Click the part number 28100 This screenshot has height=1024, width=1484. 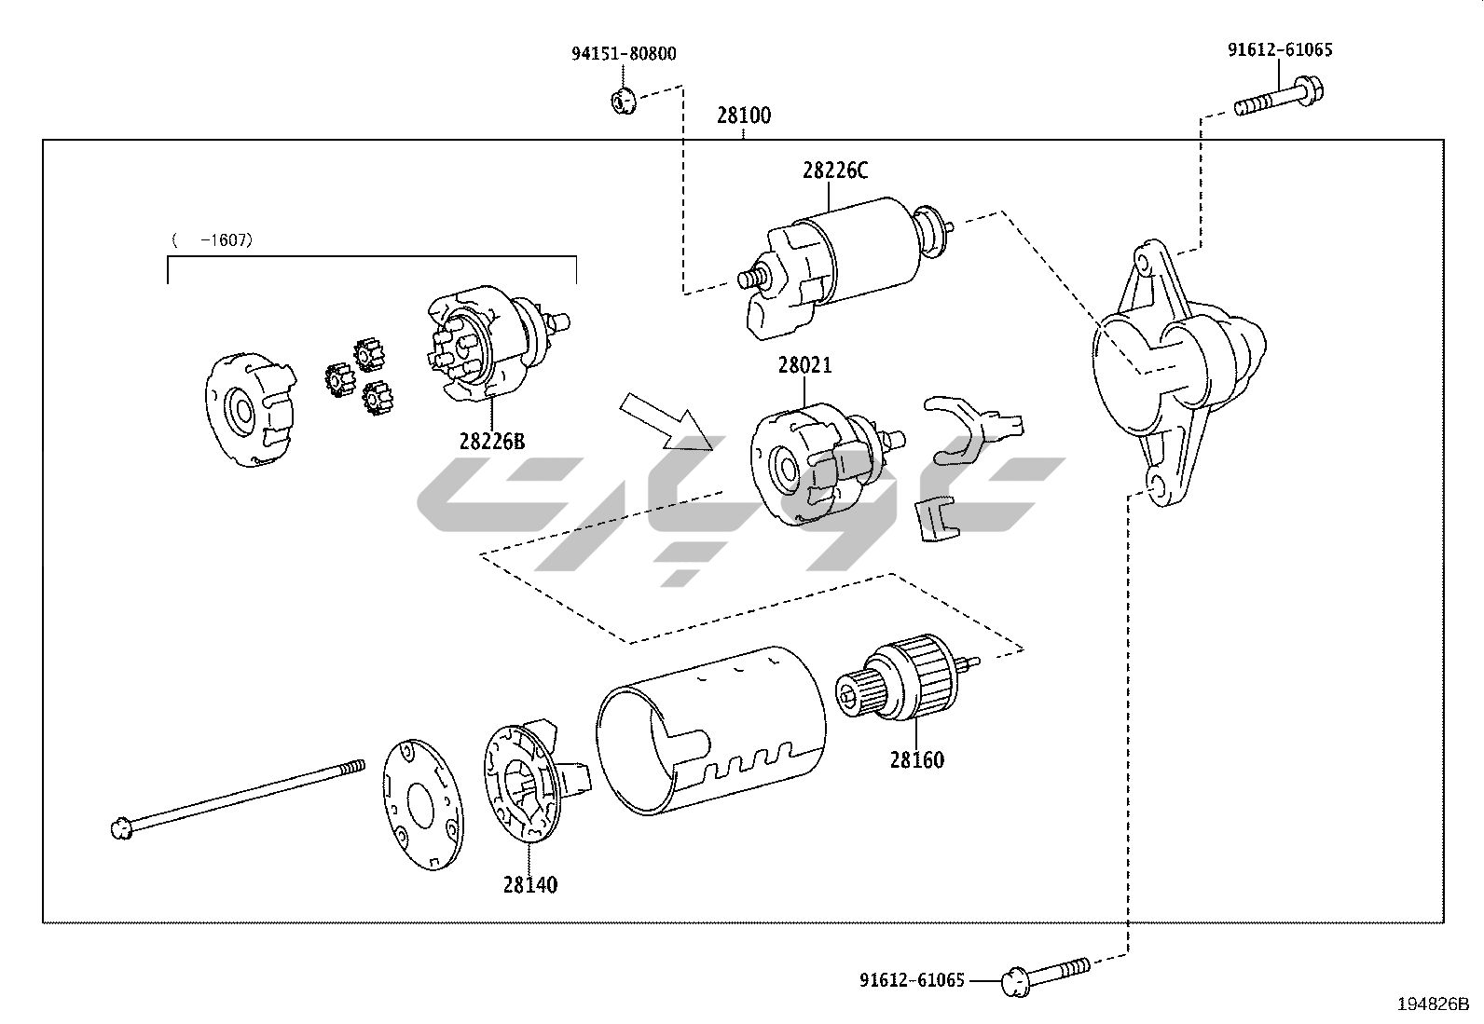point(743,116)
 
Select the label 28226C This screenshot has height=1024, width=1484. point(834,171)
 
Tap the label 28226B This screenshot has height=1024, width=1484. point(491,441)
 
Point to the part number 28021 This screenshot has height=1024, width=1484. point(804,365)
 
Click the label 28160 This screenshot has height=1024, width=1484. point(916,759)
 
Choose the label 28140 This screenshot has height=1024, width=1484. point(529,884)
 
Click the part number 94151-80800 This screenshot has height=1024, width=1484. point(624,54)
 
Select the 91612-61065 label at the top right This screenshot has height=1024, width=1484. point(1279,50)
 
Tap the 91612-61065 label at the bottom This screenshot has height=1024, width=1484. point(912,980)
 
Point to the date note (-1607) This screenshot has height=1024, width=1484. point(213,240)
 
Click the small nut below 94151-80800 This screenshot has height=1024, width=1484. point(622,100)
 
